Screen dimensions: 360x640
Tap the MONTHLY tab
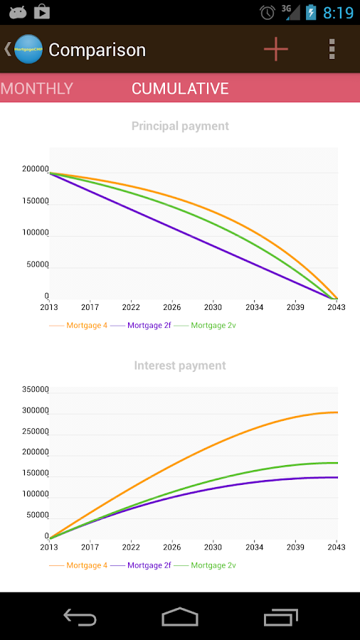tap(37, 88)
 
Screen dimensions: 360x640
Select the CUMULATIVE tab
tap(180, 88)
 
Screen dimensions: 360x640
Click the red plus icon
tap(276, 49)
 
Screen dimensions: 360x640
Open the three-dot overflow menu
tap(332, 49)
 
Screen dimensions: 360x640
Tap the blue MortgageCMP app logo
tap(28, 49)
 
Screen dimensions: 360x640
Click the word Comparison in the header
tap(97, 50)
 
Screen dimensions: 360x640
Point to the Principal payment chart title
tap(180, 126)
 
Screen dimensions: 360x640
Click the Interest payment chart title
tap(180, 366)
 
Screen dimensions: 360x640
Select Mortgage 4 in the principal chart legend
tap(87, 325)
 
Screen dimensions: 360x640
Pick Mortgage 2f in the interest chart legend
tap(149, 565)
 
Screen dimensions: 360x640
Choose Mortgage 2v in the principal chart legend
tap(213, 325)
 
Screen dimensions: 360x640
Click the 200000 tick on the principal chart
tap(35, 169)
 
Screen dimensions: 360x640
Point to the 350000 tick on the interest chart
tap(35, 390)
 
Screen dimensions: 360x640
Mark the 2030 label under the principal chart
tap(213, 307)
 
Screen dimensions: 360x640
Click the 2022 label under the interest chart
tap(131, 547)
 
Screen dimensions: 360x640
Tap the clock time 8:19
tap(338, 13)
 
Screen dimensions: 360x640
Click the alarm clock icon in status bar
tap(268, 12)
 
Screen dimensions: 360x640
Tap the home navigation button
tap(180, 617)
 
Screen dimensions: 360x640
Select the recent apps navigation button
tap(281, 617)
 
